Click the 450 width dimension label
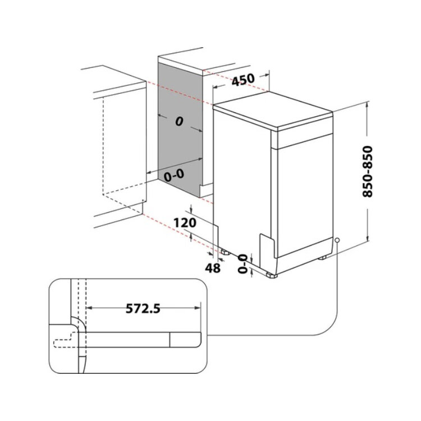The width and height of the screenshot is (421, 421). [x=242, y=79]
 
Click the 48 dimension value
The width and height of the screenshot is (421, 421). [x=212, y=268]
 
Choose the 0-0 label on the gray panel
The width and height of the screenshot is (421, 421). [x=174, y=175]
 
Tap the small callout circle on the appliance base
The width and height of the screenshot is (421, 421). [x=336, y=240]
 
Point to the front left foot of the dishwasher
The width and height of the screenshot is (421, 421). [x=272, y=274]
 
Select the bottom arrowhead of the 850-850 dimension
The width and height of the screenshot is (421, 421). [x=367, y=241]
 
